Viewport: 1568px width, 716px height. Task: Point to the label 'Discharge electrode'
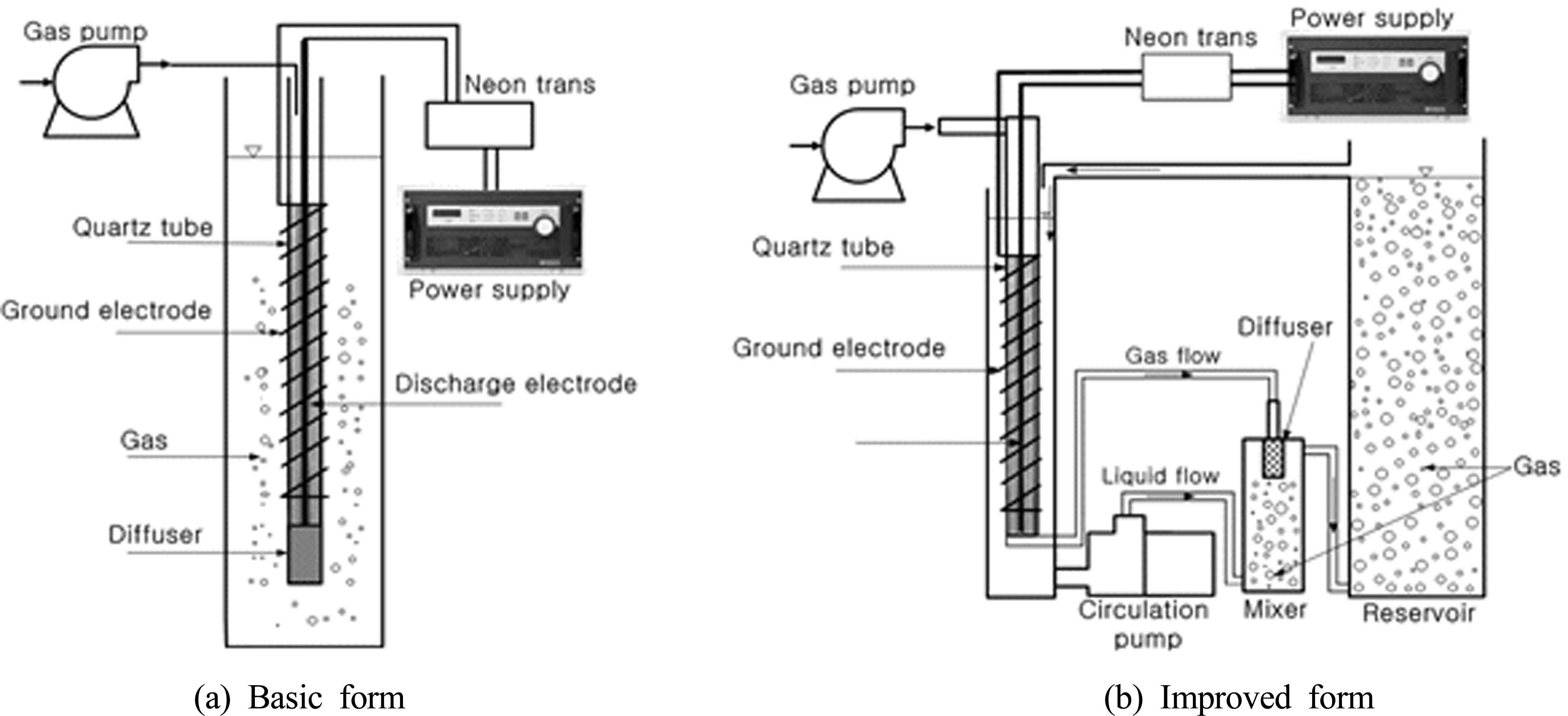pos(516,384)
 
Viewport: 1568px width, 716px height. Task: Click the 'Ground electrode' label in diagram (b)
pos(839,348)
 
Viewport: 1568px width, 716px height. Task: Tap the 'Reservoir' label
pos(1418,612)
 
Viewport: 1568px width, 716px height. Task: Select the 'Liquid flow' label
pos(1160,475)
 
